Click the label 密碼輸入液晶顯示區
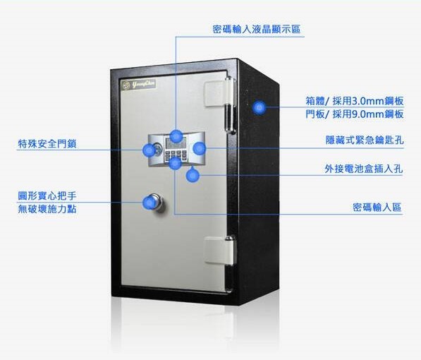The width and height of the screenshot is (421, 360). pos(256,29)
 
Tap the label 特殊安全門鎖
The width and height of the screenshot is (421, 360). pos(47,143)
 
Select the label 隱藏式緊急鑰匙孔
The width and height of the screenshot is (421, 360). pos(364,140)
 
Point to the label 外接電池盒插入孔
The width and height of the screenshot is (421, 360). pos(364,169)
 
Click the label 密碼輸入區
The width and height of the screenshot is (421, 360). pos(377,208)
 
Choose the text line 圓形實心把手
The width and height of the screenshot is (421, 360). pos(47,196)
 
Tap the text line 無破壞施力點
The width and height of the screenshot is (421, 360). pos(47,209)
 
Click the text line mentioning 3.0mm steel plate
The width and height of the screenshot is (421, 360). pos(355,101)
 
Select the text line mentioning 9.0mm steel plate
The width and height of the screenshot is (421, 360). pos(355,114)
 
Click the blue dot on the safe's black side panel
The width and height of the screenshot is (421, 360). pos(259,107)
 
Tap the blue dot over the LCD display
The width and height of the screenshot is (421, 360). pos(176,136)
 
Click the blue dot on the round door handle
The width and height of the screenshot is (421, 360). pos(150,203)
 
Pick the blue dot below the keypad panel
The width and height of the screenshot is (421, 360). pos(193,175)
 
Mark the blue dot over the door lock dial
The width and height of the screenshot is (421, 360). pos(149,150)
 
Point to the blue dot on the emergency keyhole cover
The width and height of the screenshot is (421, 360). pos(199,148)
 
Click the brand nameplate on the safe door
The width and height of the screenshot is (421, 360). pos(138,85)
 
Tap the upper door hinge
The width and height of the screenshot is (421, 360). pos(220,105)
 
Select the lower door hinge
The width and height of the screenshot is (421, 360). pos(221,251)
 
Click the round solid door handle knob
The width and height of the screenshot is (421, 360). pos(157,202)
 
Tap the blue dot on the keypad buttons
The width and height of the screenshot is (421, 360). pos(175,163)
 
